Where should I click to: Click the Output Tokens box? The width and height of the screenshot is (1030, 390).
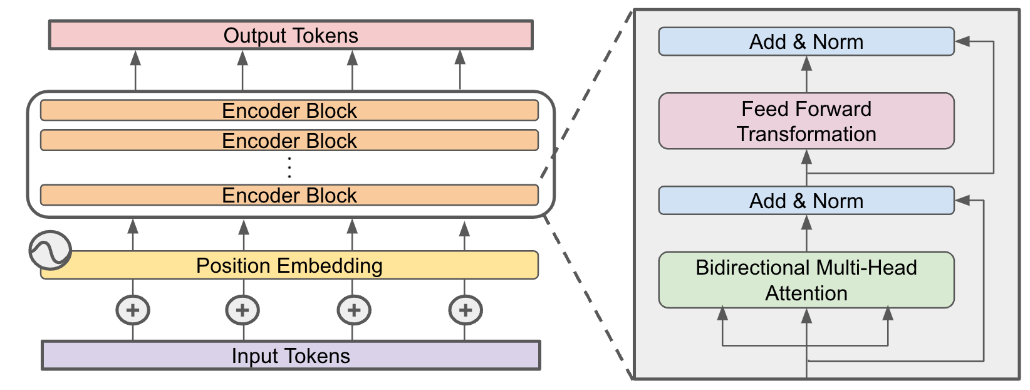291,35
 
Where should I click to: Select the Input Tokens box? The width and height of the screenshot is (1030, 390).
291,356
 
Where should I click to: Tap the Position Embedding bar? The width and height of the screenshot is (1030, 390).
289,265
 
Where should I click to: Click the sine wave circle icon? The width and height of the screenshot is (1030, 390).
50,250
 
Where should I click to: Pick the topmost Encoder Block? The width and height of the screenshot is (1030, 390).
289,110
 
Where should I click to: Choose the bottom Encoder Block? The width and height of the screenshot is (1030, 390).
289,195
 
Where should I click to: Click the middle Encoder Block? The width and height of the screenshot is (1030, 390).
289,140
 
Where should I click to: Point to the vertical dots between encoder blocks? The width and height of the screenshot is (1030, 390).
289,167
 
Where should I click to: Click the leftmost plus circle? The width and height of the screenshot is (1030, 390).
133,310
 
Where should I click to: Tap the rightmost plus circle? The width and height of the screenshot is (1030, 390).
465,310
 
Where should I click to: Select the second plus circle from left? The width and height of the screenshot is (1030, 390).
242,310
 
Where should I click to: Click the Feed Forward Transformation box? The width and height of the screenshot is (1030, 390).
806,121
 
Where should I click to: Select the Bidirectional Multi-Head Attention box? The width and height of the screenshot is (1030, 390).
806,280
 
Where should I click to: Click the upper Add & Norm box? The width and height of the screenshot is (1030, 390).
806,41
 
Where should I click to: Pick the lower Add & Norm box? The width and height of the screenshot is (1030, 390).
806,201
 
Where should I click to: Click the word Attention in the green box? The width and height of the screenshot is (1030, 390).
806,293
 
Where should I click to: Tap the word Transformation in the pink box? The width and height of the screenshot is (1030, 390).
806,134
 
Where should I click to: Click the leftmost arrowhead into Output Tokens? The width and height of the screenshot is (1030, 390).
135,58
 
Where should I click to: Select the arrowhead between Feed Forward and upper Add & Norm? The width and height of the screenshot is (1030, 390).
806,63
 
